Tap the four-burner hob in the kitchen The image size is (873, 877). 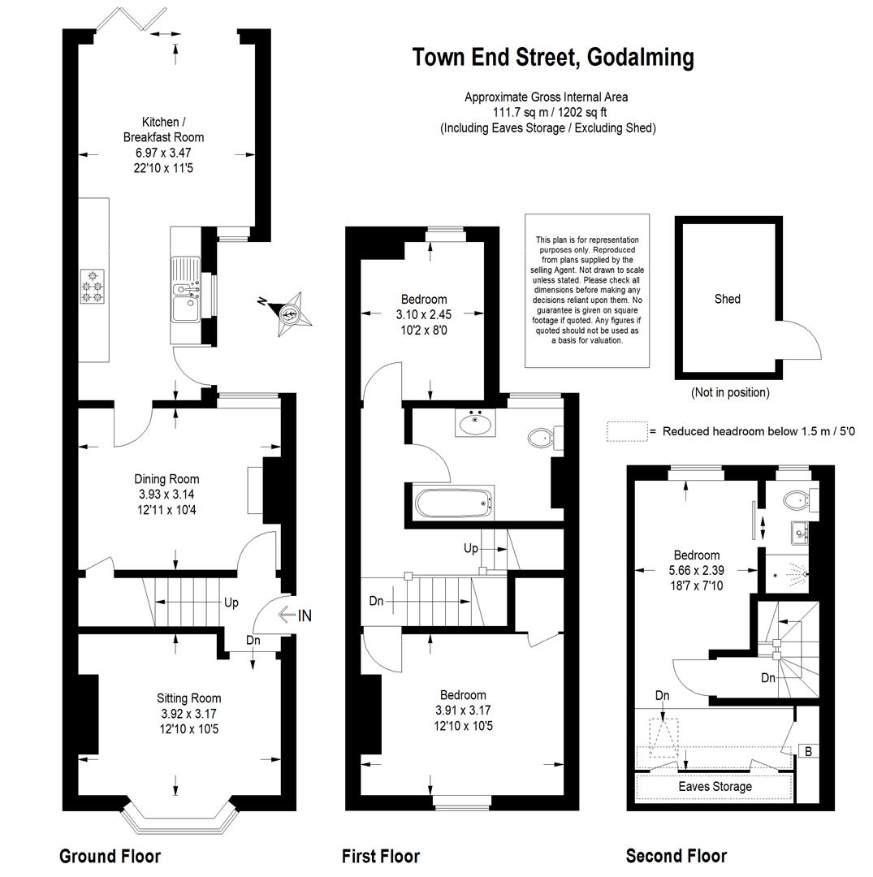tap(93, 287)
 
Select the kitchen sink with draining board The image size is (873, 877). tap(186, 289)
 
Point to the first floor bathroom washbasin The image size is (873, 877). tap(476, 423)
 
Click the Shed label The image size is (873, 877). tap(727, 299)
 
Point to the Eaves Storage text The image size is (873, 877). tap(715, 786)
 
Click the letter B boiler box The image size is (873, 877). tap(808, 751)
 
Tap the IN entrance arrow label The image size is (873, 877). tap(295, 616)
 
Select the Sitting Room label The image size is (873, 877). tap(188, 698)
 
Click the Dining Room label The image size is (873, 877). tap(166, 479)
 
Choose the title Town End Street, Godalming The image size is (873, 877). tap(552, 58)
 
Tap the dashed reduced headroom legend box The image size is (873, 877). tap(627, 431)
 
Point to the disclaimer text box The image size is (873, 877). tap(587, 290)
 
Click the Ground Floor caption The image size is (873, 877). tap(110, 856)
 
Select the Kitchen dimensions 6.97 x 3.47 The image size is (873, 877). tap(163, 153)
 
